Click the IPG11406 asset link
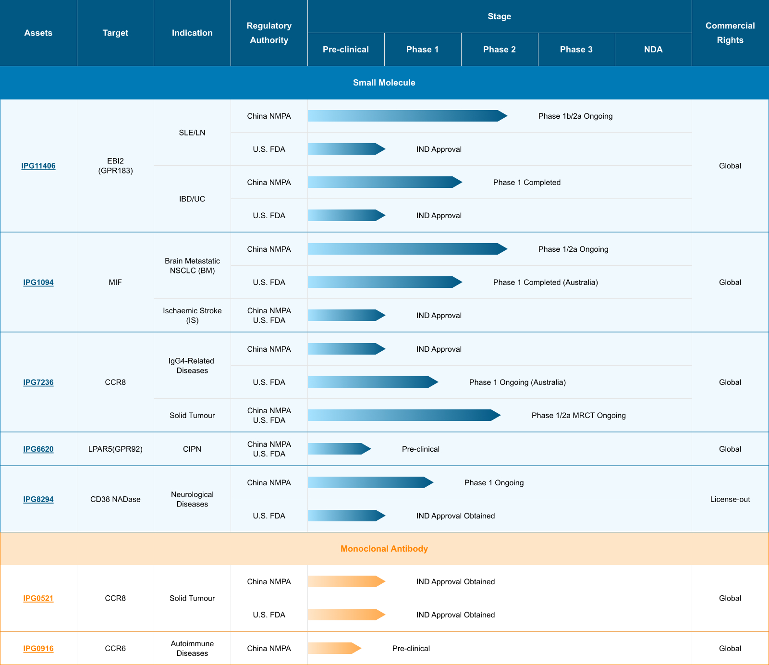[38, 166]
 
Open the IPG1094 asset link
[38, 283]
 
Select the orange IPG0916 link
[38, 649]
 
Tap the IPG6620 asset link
[38, 449]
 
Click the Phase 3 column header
[576, 49]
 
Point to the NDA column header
[653, 49]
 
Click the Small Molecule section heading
[384, 83]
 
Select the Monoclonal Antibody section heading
[384, 549]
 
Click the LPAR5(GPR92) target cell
[115, 449]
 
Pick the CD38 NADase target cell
[115, 499]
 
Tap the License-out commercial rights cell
[730, 499]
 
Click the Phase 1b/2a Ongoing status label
[575, 116]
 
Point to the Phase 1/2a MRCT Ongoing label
[579, 416]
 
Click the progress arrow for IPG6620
[339, 449]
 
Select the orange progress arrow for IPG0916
[334, 648]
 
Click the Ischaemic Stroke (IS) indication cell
[192, 316]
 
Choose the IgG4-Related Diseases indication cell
[192, 366]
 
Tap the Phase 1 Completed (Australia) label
[546, 283]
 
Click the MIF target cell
[115, 283]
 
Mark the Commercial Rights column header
[730, 33]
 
